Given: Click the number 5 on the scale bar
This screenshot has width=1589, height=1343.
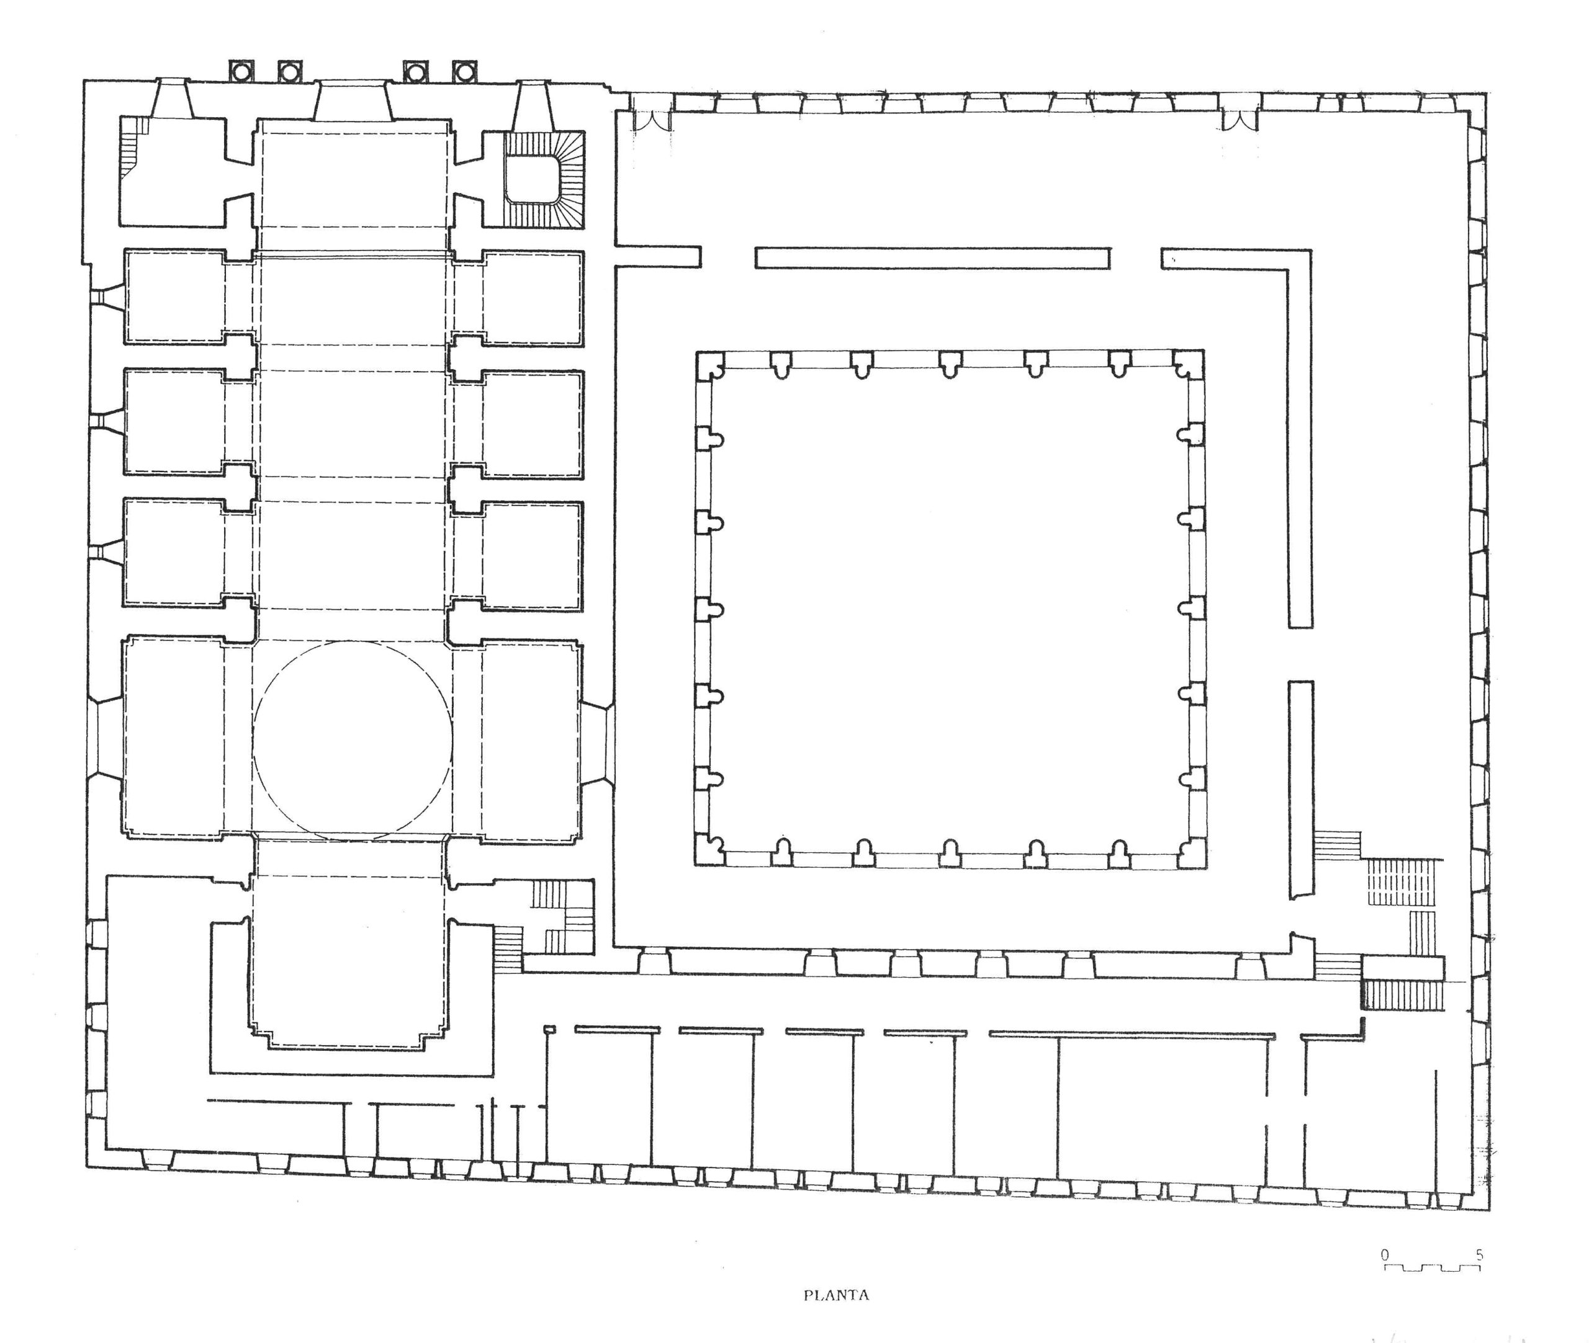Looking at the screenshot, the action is [1479, 1255].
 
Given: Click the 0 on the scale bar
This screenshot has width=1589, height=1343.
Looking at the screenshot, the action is [1385, 1255].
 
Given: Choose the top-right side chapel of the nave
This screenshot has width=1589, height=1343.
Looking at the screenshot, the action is [533, 298].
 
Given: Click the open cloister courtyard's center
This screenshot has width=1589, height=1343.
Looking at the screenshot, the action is [950, 609].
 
